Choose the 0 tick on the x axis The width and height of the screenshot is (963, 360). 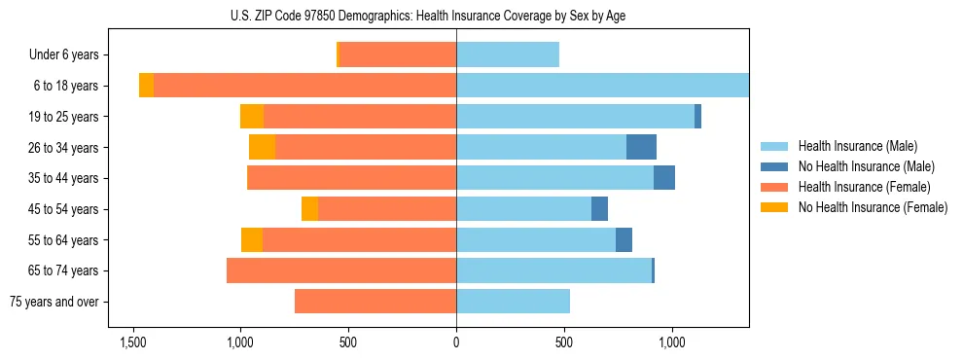(x=456, y=342)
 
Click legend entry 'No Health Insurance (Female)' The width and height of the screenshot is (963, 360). (x=873, y=207)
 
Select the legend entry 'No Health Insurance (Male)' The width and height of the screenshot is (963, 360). (x=866, y=166)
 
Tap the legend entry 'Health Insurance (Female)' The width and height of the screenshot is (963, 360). (x=864, y=187)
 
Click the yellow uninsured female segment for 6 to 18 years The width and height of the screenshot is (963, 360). (x=146, y=86)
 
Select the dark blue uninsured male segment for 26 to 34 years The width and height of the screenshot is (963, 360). (x=641, y=147)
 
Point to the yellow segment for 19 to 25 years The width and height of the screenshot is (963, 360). (x=252, y=117)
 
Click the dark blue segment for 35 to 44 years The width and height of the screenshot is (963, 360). (x=664, y=178)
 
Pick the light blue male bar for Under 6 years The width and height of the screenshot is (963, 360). (x=508, y=54)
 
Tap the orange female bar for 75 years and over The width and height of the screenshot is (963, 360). (x=375, y=302)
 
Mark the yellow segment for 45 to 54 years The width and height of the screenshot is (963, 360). (x=309, y=209)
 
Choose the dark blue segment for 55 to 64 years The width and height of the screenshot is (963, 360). (x=624, y=239)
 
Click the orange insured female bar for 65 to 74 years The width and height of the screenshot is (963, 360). (x=341, y=270)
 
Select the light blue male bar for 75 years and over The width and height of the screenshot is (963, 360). (x=513, y=302)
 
